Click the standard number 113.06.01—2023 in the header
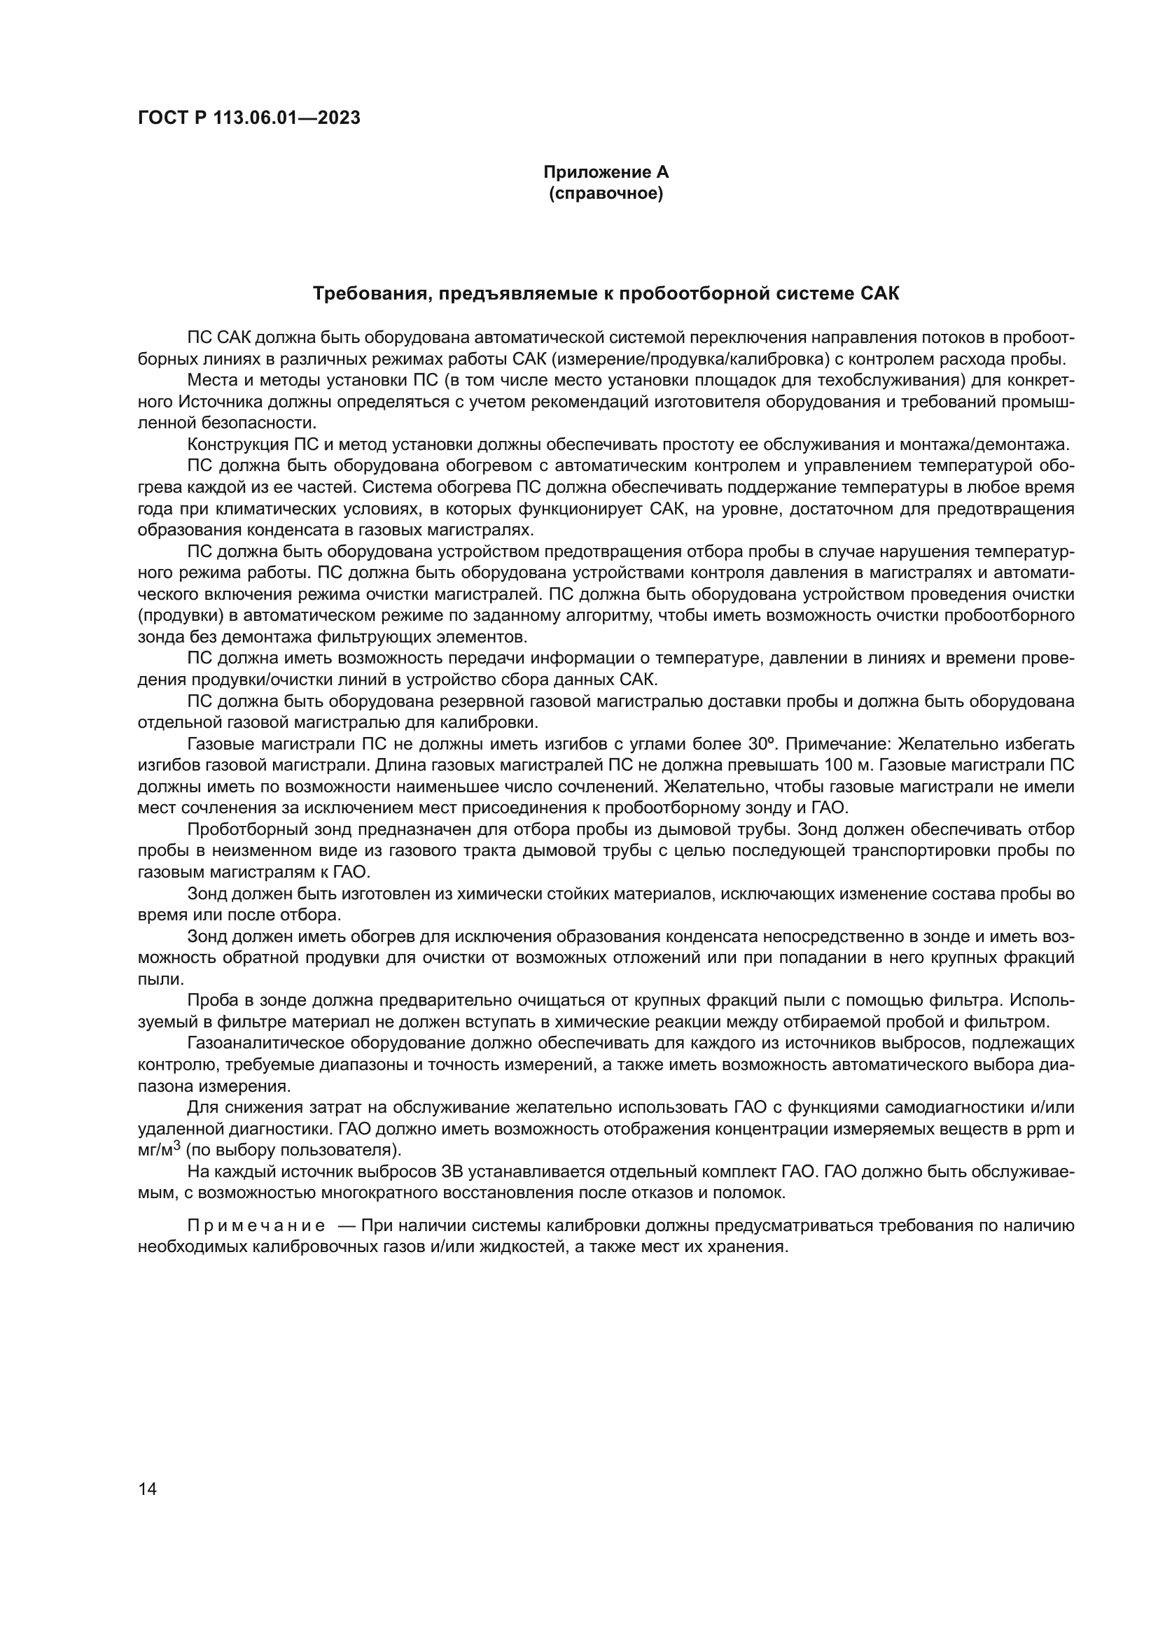tap(288, 118)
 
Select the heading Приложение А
tap(606, 172)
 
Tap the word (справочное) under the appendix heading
tap(606, 194)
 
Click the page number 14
tap(147, 1489)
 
